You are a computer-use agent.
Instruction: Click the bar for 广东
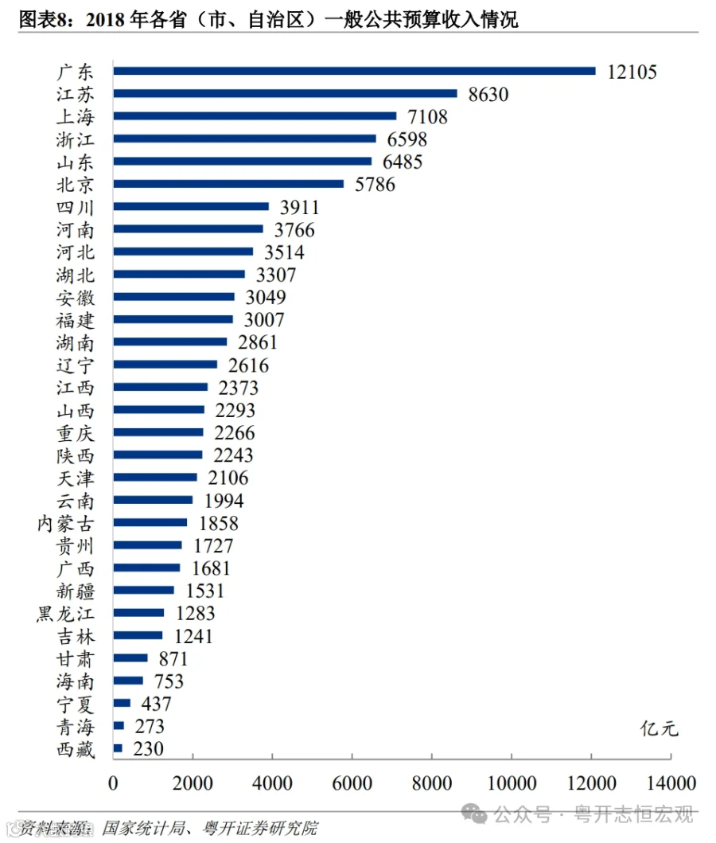coord(354,71)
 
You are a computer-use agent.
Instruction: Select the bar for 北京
coord(228,184)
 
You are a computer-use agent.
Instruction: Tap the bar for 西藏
coord(118,748)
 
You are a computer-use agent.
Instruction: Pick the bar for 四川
coord(191,207)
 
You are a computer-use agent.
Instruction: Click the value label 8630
coord(488,95)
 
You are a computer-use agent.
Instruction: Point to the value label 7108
coord(427,117)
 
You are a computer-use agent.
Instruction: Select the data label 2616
coord(248,365)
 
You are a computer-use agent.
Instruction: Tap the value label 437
coord(156,704)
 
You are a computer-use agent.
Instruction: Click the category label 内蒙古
coord(66,524)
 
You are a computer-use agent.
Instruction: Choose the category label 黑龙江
coord(66,614)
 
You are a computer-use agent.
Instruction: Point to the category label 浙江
coord(76,139)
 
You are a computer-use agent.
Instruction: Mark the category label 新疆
coord(76,591)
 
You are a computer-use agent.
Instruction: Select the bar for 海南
coord(128,681)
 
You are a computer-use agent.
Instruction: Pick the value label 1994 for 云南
coord(224,501)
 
